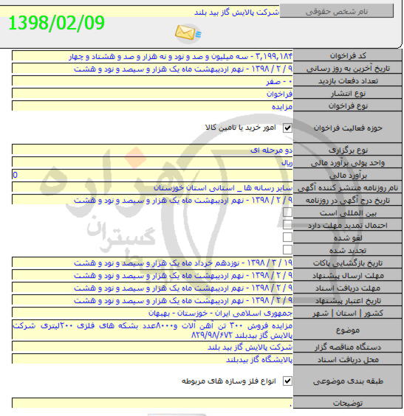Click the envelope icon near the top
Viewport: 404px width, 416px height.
click(184, 32)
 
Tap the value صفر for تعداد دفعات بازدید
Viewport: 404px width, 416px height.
click(278, 81)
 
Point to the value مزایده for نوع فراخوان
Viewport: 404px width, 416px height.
click(278, 106)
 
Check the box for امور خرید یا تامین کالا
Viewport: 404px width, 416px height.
click(288, 128)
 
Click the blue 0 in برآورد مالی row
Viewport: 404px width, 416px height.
click(16, 175)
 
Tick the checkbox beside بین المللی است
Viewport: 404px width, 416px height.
click(288, 212)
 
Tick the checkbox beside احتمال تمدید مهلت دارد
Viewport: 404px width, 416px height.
click(288, 225)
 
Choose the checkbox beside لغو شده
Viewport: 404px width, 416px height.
click(288, 238)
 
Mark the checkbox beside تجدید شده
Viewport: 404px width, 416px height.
click(288, 250)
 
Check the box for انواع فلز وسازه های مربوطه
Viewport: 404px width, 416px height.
click(288, 381)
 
